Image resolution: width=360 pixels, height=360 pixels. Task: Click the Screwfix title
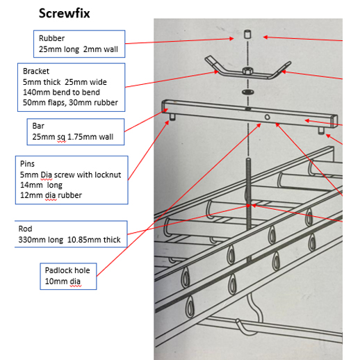(x=64, y=13)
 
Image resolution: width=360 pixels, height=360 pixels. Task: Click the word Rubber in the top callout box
(x=51, y=38)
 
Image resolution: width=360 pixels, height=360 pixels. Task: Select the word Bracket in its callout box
(x=36, y=71)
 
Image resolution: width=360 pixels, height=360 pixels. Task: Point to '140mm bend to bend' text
(x=61, y=92)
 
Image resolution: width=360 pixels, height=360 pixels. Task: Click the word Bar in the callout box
(x=38, y=126)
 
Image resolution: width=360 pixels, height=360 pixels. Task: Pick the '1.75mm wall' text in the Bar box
(x=90, y=137)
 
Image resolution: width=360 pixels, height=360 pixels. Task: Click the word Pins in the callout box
(x=27, y=164)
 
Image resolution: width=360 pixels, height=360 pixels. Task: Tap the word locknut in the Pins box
(x=108, y=174)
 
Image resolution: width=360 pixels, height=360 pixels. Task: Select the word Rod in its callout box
(x=25, y=229)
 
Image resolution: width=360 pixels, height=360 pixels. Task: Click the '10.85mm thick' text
(x=94, y=240)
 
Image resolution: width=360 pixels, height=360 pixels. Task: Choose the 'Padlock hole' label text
(x=67, y=270)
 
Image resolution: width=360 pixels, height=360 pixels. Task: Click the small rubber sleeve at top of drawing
(x=247, y=34)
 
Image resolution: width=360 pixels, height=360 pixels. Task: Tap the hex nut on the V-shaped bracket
(x=247, y=71)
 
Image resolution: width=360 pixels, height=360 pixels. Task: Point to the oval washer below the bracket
(x=247, y=92)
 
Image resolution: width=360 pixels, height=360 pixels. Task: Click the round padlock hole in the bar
(x=267, y=117)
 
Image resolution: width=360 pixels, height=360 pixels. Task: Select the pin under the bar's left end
(x=172, y=117)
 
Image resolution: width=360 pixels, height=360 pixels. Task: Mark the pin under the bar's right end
(x=321, y=131)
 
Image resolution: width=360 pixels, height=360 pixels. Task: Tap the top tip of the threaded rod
(x=248, y=158)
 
